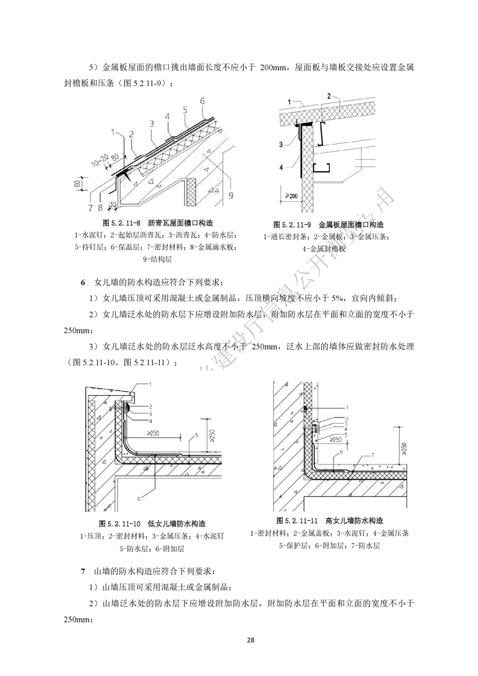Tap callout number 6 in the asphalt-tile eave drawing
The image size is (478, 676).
pyautogui.click(x=203, y=100)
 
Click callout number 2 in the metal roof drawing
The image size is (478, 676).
pyautogui.click(x=329, y=96)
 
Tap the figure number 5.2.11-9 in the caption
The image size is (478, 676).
pyautogui.click(x=292, y=224)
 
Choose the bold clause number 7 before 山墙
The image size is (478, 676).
pyautogui.click(x=83, y=571)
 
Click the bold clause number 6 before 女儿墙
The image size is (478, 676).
pyautogui.click(x=83, y=282)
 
